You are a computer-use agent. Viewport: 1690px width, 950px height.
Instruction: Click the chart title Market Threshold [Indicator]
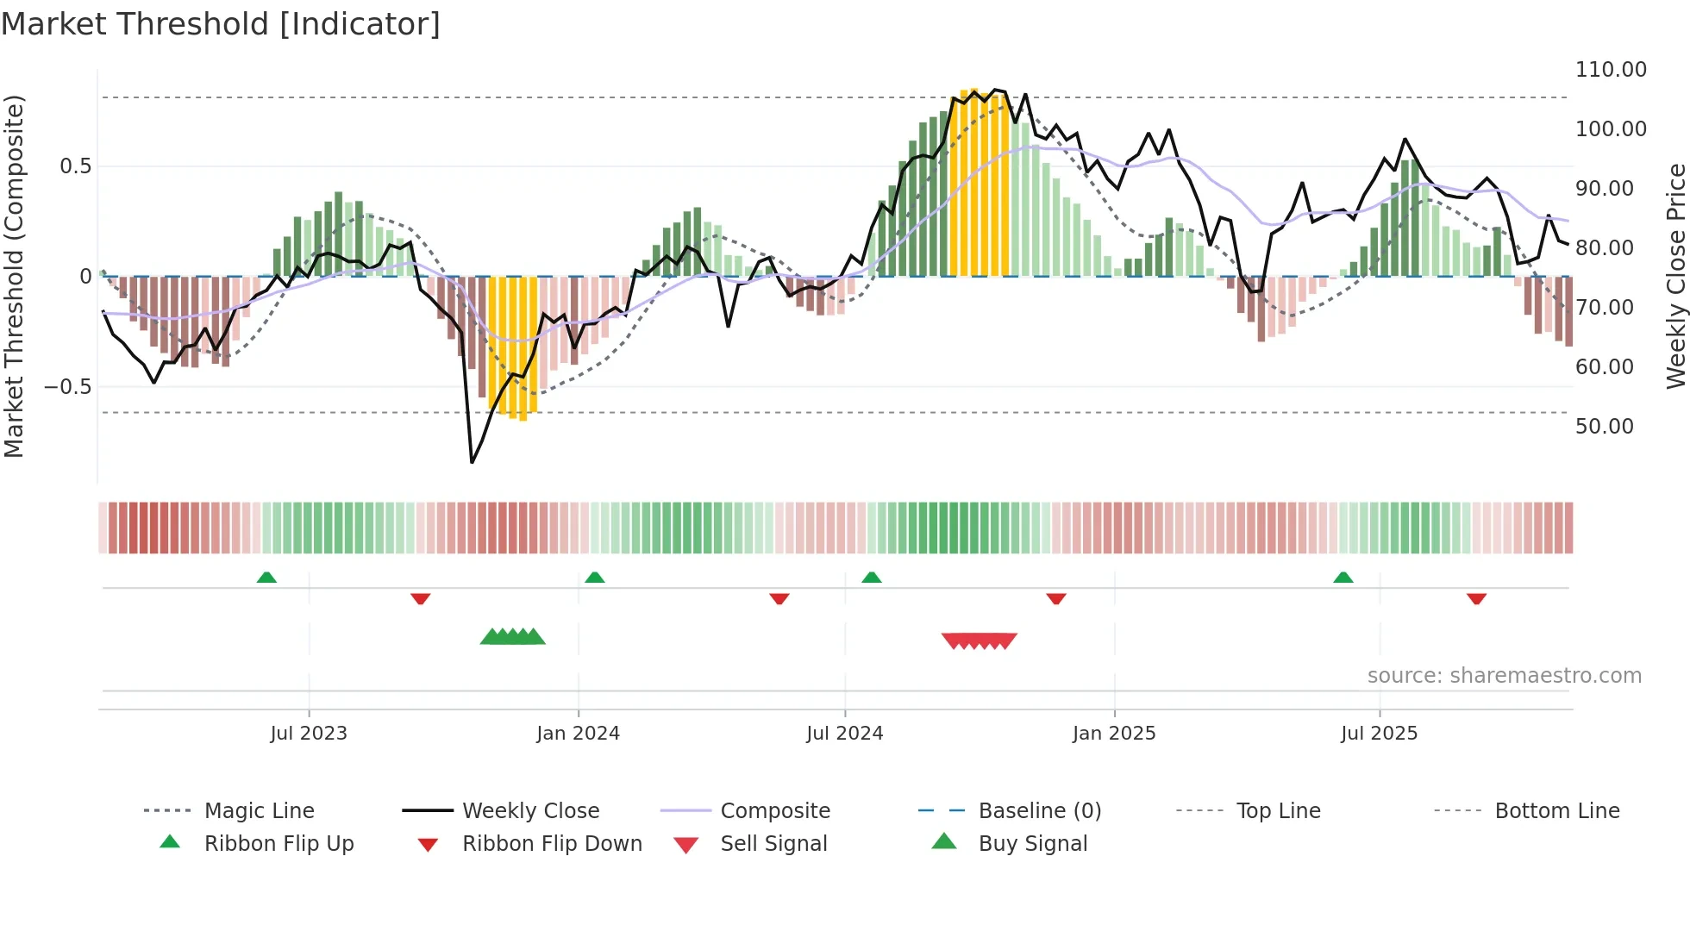[221, 24]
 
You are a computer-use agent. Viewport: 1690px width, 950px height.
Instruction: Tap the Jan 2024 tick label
[578, 734]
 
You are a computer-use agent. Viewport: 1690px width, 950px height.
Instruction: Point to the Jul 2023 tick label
[309, 734]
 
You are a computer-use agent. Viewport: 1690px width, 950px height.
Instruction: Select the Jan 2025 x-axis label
[1114, 734]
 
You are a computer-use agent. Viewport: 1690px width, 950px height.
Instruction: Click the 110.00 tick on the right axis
[1611, 70]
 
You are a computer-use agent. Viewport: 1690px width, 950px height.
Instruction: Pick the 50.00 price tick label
[1604, 427]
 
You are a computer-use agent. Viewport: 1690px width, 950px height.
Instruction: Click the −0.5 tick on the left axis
[67, 387]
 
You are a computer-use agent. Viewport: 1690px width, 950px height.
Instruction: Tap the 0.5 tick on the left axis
[75, 166]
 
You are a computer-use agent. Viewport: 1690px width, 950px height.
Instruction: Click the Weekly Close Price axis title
[1675, 276]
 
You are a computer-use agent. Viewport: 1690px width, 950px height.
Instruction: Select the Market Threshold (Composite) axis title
[14, 276]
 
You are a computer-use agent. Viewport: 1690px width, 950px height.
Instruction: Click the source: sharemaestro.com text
[1504, 676]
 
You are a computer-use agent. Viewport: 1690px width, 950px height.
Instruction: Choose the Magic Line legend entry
[259, 811]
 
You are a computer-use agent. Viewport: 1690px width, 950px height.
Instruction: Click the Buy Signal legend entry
[1032, 844]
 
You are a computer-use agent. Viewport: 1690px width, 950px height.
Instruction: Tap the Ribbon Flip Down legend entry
[552, 844]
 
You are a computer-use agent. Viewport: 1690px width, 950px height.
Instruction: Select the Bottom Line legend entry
[1556, 811]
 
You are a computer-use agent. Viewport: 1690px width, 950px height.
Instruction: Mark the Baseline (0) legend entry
[1039, 811]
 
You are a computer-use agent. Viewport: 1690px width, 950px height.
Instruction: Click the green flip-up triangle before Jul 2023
[266, 578]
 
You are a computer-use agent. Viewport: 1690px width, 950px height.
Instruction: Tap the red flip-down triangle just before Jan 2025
[1056, 598]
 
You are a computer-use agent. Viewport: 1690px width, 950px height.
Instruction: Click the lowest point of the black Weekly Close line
[472, 462]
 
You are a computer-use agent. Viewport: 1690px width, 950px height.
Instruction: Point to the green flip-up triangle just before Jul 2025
[1343, 578]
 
